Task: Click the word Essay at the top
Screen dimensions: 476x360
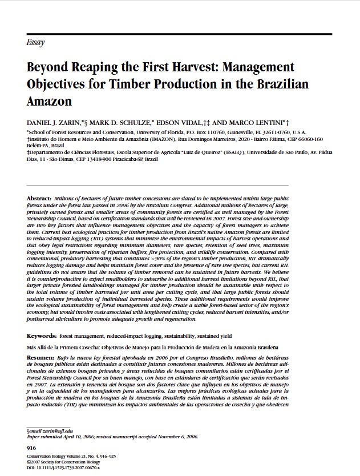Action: (36, 43)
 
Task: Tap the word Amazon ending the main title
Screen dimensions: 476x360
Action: (50, 102)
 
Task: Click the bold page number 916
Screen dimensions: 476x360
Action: (32, 449)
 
